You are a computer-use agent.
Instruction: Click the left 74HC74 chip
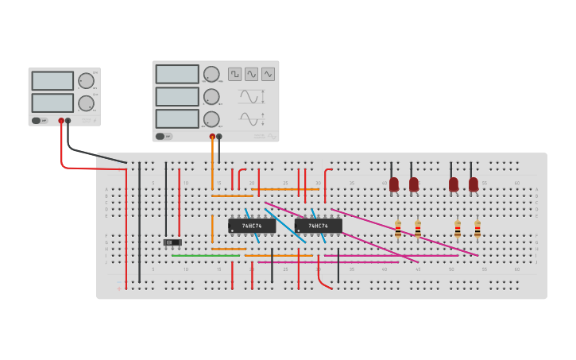[252, 226]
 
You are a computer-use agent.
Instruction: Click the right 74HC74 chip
[318, 226]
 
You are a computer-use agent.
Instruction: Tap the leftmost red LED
[393, 184]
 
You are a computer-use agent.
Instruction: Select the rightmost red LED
[474, 184]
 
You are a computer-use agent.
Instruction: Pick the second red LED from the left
[413, 184]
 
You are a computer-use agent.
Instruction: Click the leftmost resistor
[398, 229]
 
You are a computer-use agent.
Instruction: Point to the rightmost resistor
[477, 229]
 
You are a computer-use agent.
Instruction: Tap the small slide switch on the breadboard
[172, 242]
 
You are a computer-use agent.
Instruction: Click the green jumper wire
[205, 256]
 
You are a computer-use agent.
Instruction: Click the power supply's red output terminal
[61, 121]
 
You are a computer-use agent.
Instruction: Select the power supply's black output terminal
[68, 121]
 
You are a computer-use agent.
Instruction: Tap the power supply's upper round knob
[86, 80]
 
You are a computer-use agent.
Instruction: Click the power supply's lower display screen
[52, 103]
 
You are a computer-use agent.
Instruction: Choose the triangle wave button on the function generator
[269, 74]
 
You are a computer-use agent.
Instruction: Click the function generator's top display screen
[177, 74]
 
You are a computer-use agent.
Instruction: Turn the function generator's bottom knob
[211, 118]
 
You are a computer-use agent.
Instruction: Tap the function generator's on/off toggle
[161, 136]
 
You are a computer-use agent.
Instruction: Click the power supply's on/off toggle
[37, 121]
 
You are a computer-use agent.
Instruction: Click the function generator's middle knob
[211, 96]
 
